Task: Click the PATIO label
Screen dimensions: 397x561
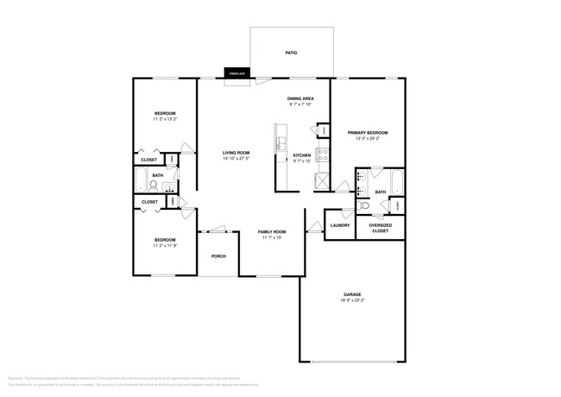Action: coord(291,54)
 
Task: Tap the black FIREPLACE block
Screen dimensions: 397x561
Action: coord(236,74)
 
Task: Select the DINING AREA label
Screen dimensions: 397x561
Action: coord(300,99)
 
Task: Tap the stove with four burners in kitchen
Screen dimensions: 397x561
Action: coord(322,155)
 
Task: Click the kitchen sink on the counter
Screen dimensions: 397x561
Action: coord(280,140)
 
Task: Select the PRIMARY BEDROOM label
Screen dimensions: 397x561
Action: coord(368,133)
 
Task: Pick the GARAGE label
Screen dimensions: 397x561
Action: coord(351,294)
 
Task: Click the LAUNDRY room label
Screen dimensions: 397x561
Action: coord(340,225)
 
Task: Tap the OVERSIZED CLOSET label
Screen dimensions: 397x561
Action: coord(380,228)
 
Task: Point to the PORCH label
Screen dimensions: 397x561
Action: coord(219,256)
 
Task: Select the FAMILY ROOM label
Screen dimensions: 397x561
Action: coord(272,231)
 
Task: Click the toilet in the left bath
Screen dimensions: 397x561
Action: coord(154,185)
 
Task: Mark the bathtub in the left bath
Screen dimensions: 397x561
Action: coord(140,180)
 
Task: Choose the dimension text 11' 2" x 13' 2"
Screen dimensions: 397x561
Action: coord(165,119)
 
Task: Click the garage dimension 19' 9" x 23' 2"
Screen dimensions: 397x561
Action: coord(351,300)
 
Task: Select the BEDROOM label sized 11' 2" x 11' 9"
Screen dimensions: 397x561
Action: coord(165,240)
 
